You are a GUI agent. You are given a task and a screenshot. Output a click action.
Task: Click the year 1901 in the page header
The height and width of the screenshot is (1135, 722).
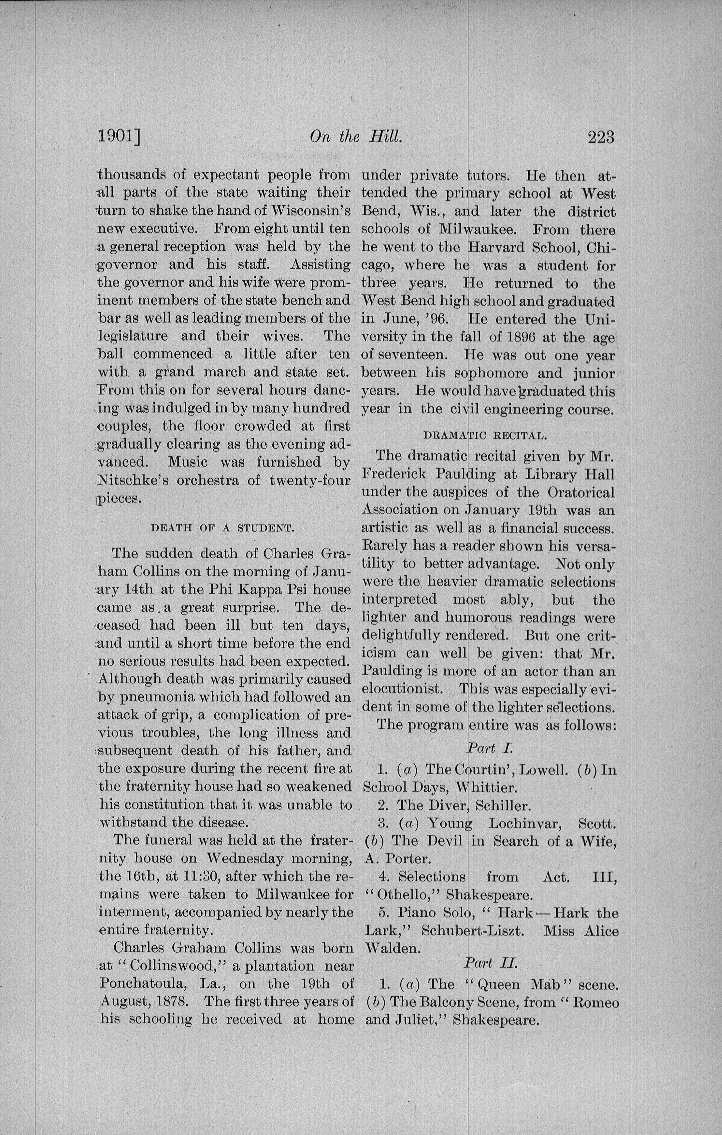tap(118, 137)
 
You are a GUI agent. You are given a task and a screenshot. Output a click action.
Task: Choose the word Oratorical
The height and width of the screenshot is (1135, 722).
tap(581, 492)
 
